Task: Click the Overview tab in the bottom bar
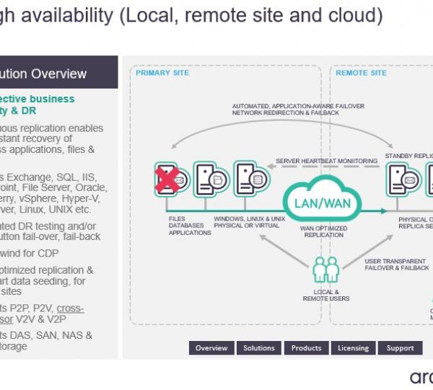(211, 348)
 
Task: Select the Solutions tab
(259, 348)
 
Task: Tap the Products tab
(306, 348)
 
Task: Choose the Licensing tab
(353, 348)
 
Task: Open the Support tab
(400, 348)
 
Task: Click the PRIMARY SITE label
(162, 74)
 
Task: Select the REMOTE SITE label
(362, 74)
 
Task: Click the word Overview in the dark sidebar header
(58, 74)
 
